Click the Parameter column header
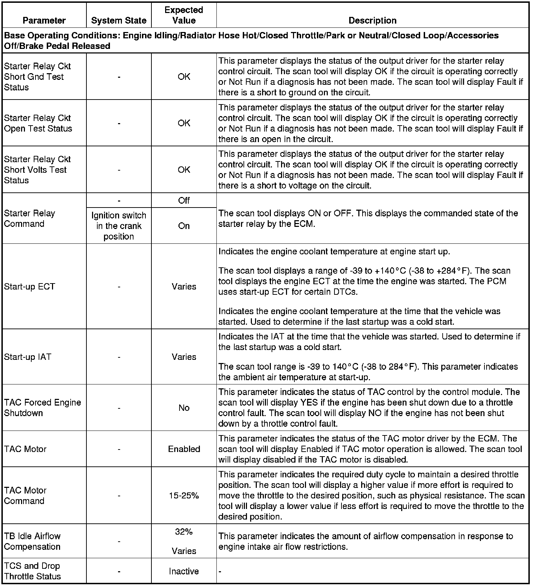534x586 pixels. [x=44, y=20]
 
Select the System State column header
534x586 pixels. [x=119, y=20]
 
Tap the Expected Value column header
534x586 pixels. [x=184, y=15]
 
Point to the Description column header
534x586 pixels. [x=372, y=20]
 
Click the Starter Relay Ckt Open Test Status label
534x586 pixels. [x=38, y=123]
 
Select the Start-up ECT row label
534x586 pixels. [x=30, y=286]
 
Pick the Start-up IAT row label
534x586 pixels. [x=27, y=357]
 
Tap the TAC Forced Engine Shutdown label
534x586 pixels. [x=43, y=408]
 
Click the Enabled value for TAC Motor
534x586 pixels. [x=184, y=449]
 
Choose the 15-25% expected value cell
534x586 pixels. [x=184, y=495]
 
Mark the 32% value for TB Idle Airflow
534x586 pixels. [x=184, y=532]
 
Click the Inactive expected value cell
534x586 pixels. [x=184, y=571]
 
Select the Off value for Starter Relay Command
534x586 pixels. [x=184, y=200]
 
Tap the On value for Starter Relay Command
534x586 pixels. [x=184, y=226]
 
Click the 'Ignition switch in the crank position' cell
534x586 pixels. [x=119, y=226]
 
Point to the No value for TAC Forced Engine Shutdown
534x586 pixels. [x=184, y=408]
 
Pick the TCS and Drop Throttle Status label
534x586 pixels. [x=32, y=571]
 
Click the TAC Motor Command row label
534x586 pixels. [x=25, y=495]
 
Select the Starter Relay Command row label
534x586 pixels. [x=30, y=218]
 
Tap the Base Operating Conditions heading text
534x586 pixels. [x=251, y=40]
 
